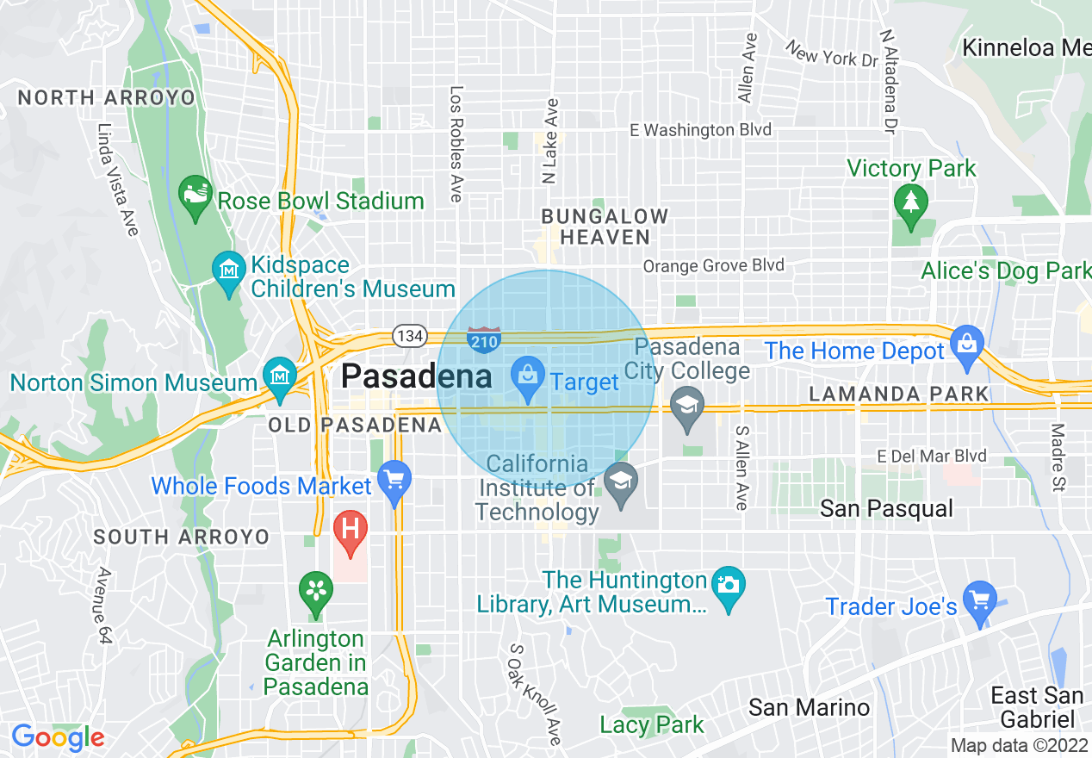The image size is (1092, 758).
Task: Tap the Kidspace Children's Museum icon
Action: pyautogui.click(x=229, y=270)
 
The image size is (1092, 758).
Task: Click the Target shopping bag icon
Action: pyautogui.click(x=526, y=376)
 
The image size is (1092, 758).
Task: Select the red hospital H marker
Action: pyautogui.click(x=351, y=528)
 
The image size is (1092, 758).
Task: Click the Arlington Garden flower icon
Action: pyautogui.click(x=316, y=591)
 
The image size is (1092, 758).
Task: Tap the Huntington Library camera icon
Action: pyautogui.click(x=729, y=586)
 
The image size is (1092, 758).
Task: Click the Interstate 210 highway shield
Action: pyautogui.click(x=482, y=338)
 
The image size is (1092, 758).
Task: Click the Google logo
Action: pyautogui.click(x=57, y=738)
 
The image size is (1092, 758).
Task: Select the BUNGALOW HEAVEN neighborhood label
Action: pyautogui.click(x=605, y=227)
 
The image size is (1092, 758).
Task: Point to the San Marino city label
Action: pyautogui.click(x=809, y=708)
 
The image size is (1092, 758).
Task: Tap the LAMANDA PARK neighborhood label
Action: pyautogui.click(x=899, y=395)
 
